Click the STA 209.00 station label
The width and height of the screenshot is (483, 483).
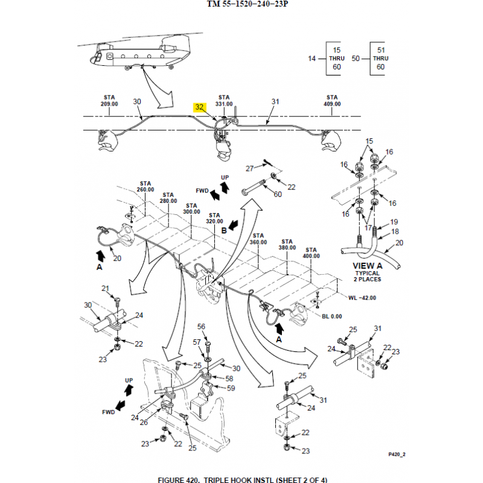point(109,100)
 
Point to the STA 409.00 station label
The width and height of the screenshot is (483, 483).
point(332,100)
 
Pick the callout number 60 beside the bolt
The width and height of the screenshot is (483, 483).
point(278,194)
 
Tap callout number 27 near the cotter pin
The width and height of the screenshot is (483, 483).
point(249,168)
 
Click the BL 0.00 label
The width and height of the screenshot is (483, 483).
point(331,316)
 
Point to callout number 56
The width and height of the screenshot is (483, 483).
point(202,327)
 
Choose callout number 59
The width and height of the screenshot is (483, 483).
point(231,388)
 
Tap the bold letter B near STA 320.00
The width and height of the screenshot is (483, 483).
point(223,230)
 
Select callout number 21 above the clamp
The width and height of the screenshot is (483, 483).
point(104,289)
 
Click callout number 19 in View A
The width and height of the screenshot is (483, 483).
point(394,222)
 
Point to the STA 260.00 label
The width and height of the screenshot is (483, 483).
point(146,186)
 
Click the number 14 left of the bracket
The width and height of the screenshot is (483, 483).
point(312,59)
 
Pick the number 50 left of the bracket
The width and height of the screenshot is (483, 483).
point(356,59)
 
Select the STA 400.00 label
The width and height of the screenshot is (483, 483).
point(311,253)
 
